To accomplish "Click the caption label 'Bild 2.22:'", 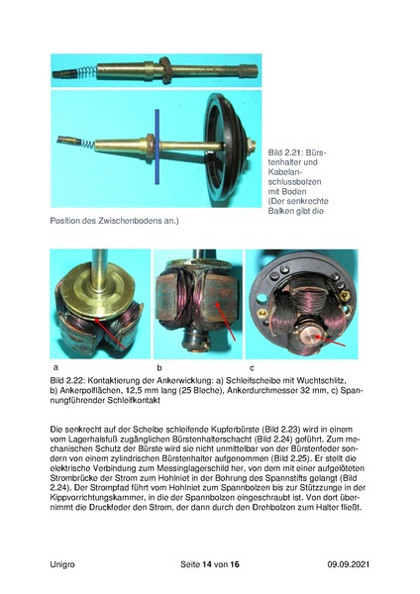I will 70,380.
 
